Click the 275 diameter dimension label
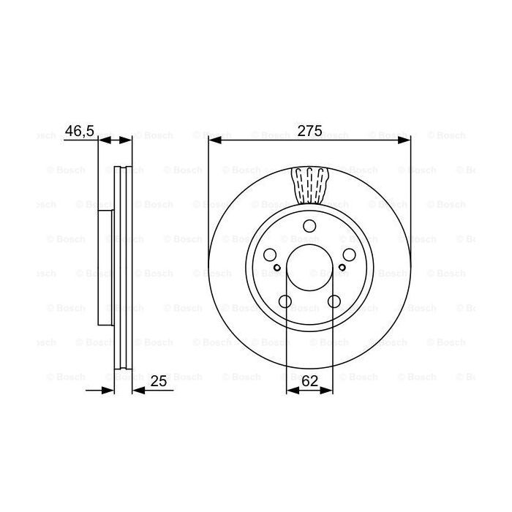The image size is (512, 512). click(x=309, y=132)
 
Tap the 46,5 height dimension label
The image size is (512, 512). click(x=79, y=131)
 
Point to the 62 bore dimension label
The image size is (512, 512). click(x=310, y=380)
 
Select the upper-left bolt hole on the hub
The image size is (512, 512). click(x=269, y=255)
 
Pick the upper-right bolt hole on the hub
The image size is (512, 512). click(x=350, y=255)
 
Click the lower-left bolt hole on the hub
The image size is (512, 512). click(x=285, y=301)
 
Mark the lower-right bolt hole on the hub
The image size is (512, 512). click(x=334, y=301)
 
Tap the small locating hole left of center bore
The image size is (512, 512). click(x=277, y=268)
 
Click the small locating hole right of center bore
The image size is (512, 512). click(x=342, y=268)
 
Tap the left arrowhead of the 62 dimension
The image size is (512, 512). click(x=290, y=391)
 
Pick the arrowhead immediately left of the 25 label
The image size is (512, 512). click(x=137, y=391)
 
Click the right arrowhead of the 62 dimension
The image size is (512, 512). click(x=328, y=391)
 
